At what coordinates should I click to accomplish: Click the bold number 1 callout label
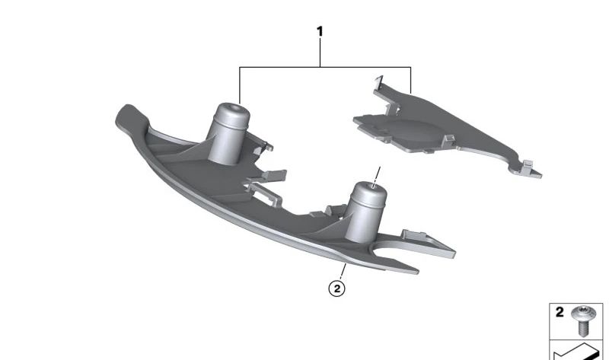(320, 31)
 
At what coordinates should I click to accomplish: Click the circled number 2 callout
(336, 288)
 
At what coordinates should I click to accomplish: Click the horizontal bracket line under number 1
(325, 68)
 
